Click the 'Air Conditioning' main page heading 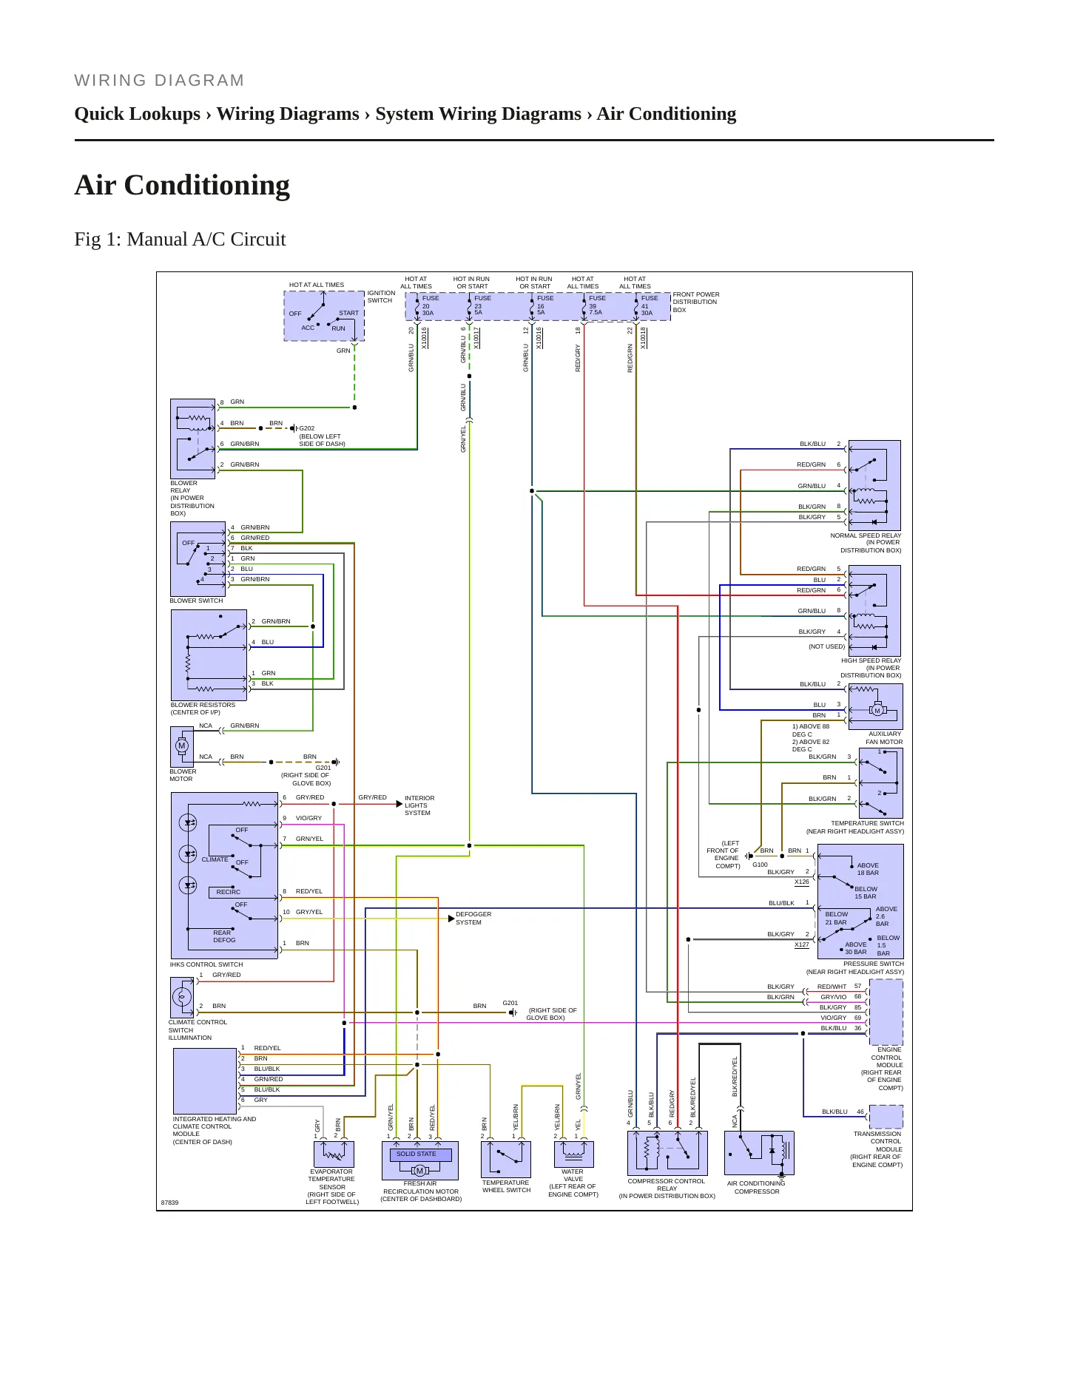(182, 185)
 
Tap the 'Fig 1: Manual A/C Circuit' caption (180, 240)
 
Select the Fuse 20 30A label (430, 305)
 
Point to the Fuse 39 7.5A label (596, 305)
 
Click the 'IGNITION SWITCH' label (382, 297)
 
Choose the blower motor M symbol (181, 745)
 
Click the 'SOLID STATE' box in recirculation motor (417, 1154)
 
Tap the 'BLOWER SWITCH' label (196, 601)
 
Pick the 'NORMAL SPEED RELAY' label (866, 535)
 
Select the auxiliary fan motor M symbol (877, 711)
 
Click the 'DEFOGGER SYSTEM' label (473, 919)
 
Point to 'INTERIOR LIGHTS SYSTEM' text (419, 805)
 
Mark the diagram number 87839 (170, 1203)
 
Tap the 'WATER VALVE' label (573, 1175)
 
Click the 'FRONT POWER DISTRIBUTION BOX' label (696, 302)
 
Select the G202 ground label (307, 428)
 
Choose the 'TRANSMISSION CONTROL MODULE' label (878, 1142)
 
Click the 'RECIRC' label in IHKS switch (229, 892)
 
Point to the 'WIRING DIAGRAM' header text (159, 81)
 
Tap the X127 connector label (802, 944)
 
